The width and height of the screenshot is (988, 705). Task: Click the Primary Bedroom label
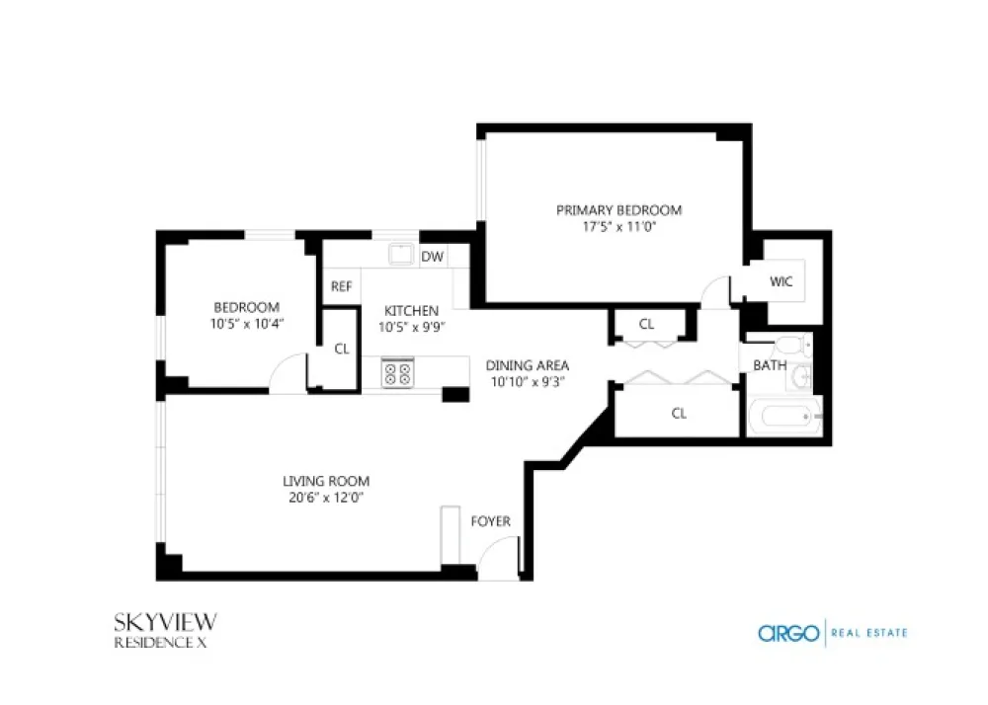click(x=618, y=210)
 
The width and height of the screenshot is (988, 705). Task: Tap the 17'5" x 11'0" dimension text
click(x=618, y=227)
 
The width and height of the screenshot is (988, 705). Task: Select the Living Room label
click(x=326, y=482)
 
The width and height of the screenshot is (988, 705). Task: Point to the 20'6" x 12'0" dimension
click(x=326, y=498)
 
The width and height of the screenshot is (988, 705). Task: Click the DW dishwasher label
click(x=433, y=256)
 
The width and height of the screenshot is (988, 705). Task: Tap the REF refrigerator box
click(x=342, y=286)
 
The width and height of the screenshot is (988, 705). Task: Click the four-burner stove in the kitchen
click(x=397, y=372)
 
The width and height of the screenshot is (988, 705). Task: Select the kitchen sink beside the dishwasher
click(x=401, y=255)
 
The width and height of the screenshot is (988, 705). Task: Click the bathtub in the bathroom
click(x=785, y=416)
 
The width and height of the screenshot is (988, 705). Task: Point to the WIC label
click(x=781, y=281)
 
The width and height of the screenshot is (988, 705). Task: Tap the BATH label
click(x=770, y=365)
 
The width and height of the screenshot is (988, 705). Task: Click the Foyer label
click(x=490, y=521)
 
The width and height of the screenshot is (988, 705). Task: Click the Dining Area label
click(x=528, y=365)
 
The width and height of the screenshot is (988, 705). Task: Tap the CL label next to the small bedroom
click(x=342, y=349)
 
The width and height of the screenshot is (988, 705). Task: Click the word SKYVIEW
click(x=166, y=622)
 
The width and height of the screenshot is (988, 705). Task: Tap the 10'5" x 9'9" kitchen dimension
click(x=411, y=328)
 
